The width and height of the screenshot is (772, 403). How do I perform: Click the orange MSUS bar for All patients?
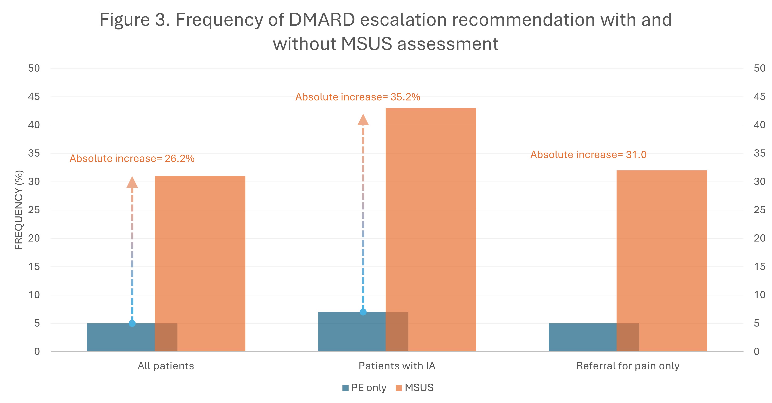(200, 264)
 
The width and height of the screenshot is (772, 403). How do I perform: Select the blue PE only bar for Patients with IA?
(363, 332)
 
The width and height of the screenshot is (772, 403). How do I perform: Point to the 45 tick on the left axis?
(34, 96)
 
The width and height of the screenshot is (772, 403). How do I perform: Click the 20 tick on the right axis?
(760, 238)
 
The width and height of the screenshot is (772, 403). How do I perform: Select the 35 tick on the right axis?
(760, 153)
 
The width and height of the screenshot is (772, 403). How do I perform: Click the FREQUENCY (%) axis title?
(19, 210)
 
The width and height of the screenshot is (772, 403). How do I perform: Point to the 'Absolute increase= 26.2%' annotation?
(132, 158)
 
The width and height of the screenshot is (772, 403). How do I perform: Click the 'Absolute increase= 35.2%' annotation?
(358, 97)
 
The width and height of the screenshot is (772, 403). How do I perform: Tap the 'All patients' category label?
(166, 366)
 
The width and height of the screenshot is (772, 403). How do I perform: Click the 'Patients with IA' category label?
(397, 366)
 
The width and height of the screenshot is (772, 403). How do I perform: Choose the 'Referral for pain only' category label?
(628, 366)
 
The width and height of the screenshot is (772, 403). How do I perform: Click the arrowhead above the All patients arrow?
(132, 182)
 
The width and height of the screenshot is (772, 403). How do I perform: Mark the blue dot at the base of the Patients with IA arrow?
(363, 312)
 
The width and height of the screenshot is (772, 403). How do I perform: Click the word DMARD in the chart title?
(322, 20)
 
